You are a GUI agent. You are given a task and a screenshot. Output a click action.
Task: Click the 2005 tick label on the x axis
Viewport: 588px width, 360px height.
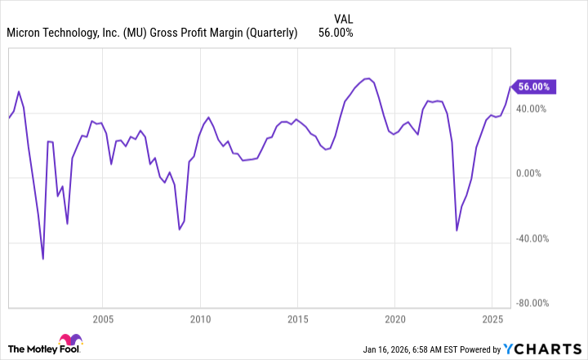point(102,317)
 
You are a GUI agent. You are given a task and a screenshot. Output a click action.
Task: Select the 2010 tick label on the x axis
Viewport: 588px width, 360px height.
point(200,317)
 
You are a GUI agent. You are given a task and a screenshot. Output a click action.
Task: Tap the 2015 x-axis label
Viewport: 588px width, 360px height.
point(297,317)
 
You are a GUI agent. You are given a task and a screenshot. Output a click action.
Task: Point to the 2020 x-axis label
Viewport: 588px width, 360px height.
point(395,317)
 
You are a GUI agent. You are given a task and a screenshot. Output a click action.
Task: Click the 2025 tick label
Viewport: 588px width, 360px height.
point(492,317)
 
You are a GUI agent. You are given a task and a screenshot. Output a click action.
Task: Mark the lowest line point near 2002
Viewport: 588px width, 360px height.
point(43,259)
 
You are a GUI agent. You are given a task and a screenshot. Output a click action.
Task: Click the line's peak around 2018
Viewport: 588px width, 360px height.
point(369,78)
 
